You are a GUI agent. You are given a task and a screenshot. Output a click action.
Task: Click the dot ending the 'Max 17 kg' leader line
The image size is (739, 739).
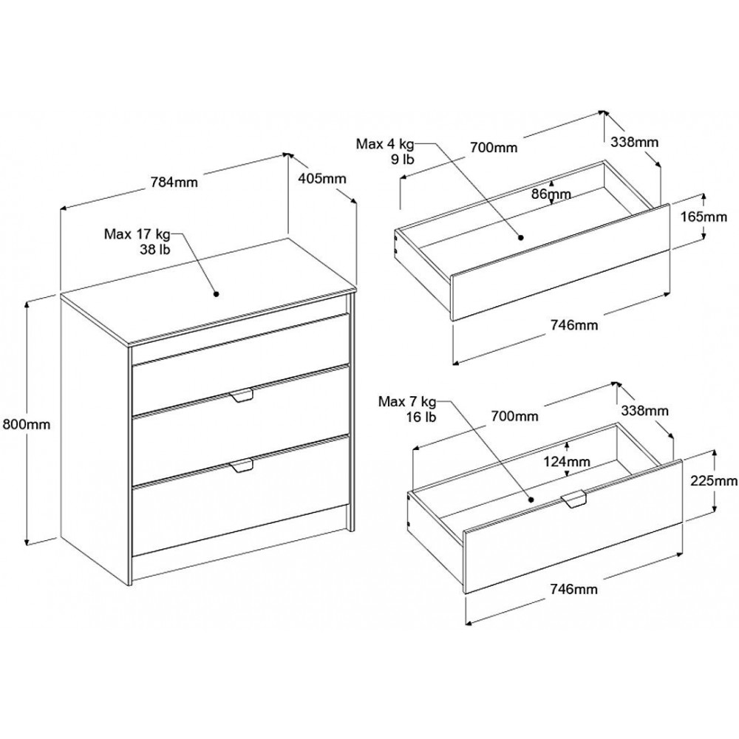point(217,294)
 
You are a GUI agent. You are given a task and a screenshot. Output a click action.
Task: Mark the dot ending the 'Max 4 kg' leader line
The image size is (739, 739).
point(521,238)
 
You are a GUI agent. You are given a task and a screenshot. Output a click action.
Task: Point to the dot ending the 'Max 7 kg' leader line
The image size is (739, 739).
point(531,500)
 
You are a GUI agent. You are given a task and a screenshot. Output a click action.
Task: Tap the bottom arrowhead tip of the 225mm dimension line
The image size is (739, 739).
point(715,512)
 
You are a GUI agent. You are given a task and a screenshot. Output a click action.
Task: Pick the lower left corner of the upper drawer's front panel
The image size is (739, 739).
point(452,321)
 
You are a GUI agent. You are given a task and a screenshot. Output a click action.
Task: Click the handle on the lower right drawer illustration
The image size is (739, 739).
point(573,499)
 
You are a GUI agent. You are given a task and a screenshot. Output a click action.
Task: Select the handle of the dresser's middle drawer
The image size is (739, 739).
point(242,396)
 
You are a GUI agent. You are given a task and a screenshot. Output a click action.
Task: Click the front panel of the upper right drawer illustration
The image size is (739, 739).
point(560,262)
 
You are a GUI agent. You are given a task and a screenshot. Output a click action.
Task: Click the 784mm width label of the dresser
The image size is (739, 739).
point(174,182)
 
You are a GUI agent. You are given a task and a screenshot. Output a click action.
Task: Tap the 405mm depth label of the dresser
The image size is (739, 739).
point(322,179)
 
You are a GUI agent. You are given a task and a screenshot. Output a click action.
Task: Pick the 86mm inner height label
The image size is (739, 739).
point(551,194)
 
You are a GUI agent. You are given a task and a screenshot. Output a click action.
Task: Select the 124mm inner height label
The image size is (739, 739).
point(567,461)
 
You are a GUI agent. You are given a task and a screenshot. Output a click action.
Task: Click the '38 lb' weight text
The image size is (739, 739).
point(154,249)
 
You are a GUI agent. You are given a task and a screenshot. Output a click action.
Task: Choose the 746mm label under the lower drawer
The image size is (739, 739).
point(573,589)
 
